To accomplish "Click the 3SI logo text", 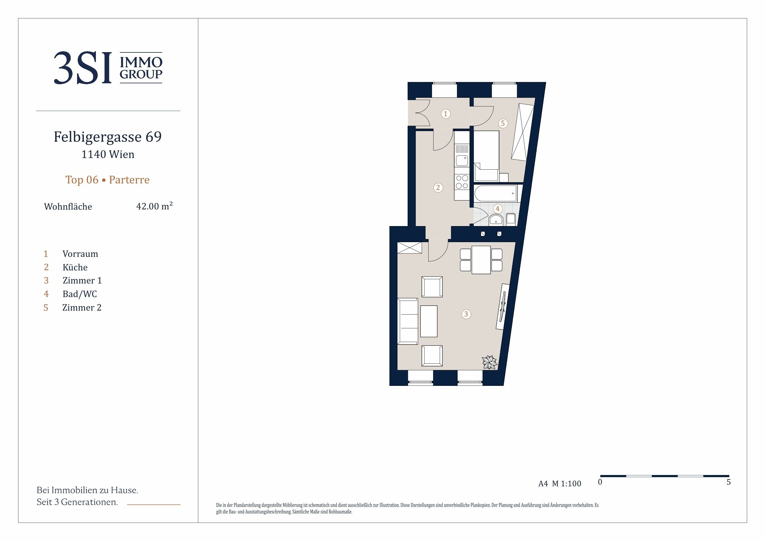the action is click(x=82, y=68).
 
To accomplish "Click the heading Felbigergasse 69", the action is click(x=108, y=137).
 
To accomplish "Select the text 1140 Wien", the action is click(x=108, y=154).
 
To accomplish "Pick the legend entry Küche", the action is click(x=75, y=267).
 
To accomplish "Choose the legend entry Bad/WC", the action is click(x=80, y=294).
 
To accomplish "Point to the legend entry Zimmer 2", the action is click(x=82, y=307).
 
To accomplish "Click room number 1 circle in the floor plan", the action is click(x=446, y=114).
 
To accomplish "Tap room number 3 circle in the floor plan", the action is click(x=466, y=314).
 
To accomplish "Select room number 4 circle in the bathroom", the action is click(x=497, y=209).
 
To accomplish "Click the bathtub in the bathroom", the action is click(x=496, y=194).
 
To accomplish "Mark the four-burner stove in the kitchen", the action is click(x=462, y=182).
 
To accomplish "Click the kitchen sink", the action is click(x=462, y=161).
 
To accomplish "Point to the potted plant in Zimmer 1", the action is click(x=489, y=362).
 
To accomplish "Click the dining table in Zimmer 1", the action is click(x=481, y=260).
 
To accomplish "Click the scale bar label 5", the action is click(x=729, y=482).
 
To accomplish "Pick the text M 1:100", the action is click(x=566, y=484).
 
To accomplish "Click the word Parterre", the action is click(x=129, y=180).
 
